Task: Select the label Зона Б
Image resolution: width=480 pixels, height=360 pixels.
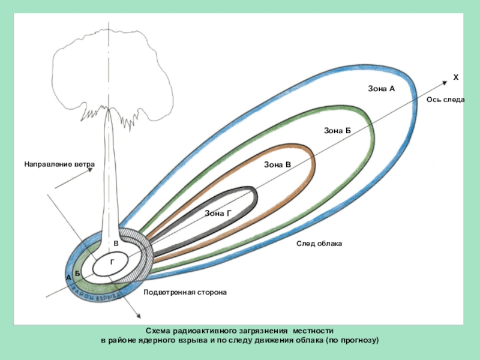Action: pos(337,130)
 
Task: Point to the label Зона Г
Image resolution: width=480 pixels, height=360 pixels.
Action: pos(218,214)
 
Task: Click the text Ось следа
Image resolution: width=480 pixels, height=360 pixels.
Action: pos(445,100)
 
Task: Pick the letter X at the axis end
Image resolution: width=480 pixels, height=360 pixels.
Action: pos(455,78)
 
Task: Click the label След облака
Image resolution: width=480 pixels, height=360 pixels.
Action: pos(319,244)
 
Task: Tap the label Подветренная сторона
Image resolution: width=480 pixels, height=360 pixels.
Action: pos(184,292)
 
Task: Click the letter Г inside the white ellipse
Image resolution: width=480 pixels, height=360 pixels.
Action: pos(112,262)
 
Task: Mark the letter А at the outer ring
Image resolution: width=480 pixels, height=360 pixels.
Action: pos(68,278)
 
